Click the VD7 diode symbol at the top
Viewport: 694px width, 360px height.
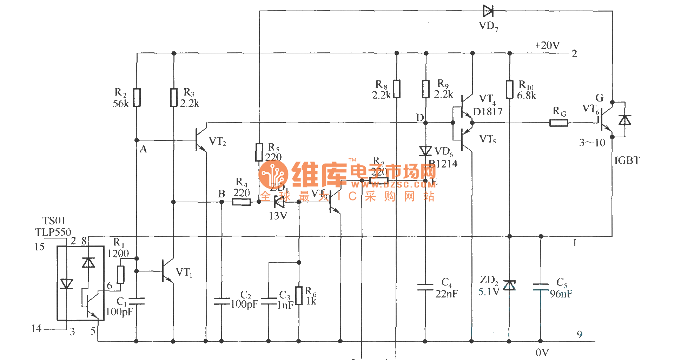tap(488, 11)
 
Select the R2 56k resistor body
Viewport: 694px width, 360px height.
tap(137, 97)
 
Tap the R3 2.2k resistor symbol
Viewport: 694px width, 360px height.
tap(173, 97)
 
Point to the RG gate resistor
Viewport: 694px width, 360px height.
tap(558, 123)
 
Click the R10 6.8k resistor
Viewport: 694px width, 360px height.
tap(510, 89)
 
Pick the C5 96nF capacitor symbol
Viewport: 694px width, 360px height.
tap(541, 287)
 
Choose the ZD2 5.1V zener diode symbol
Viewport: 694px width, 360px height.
tap(509, 285)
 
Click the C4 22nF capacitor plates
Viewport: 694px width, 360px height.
tap(425, 287)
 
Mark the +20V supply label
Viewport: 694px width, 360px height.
tap(547, 46)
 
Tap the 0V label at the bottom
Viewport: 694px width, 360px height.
tap(542, 352)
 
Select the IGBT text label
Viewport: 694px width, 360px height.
tap(627, 161)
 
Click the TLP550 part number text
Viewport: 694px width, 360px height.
tap(53, 232)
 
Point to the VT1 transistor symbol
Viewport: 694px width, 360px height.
tap(167, 271)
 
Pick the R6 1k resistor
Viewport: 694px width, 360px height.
tap(299, 296)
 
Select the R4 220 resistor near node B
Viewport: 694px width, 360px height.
tap(242, 202)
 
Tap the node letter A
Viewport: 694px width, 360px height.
tap(143, 150)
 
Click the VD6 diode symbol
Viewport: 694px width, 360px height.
tap(425, 151)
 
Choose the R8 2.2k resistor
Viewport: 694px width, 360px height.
tap(397, 89)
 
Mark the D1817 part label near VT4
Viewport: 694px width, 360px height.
tap(488, 112)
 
